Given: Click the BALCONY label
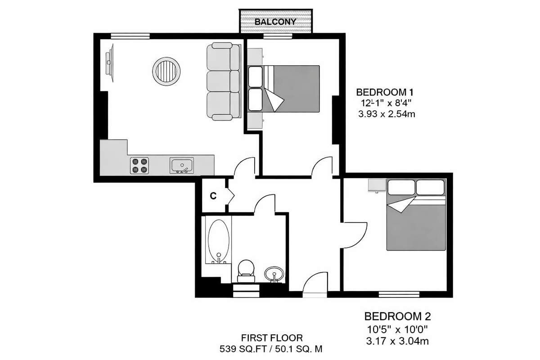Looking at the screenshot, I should (x=275, y=22).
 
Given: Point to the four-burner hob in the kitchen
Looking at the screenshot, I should (x=139, y=165).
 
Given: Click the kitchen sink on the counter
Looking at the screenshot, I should (x=182, y=165).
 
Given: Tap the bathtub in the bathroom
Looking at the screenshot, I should (x=219, y=241).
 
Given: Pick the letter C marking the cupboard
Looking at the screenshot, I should (x=213, y=196).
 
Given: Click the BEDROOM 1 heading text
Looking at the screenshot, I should (x=386, y=92).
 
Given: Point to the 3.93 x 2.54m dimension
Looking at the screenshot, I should (x=386, y=114).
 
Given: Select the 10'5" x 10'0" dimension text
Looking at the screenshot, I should (x=394, y=330).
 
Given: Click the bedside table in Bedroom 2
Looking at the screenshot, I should (x=375, y=185).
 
